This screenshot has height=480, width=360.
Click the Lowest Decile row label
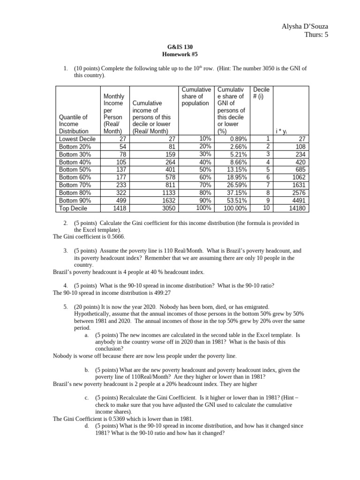coord(77,139)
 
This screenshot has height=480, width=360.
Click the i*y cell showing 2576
coord(298,192)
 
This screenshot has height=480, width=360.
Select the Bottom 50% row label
coord(75,169)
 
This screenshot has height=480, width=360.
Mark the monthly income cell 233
coord(117,185)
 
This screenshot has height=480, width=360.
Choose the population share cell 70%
coord(205,185)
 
